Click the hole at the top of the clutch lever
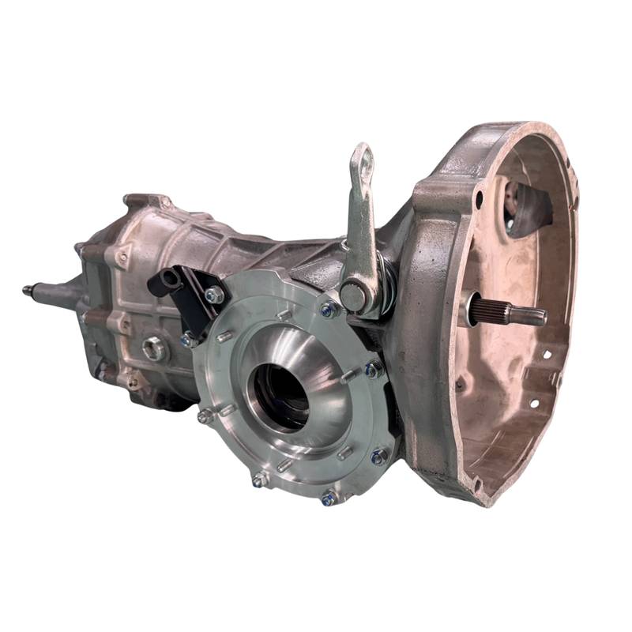(363, 152)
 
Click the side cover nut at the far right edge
(374, 370)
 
